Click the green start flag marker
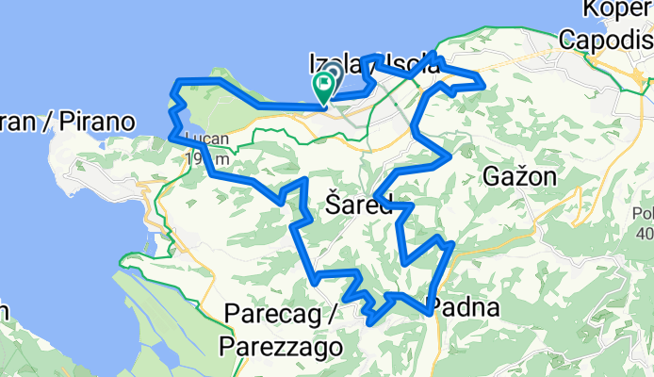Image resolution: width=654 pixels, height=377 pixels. [x=325, y=86]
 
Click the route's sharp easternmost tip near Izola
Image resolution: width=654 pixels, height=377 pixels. [x=484, y=85]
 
